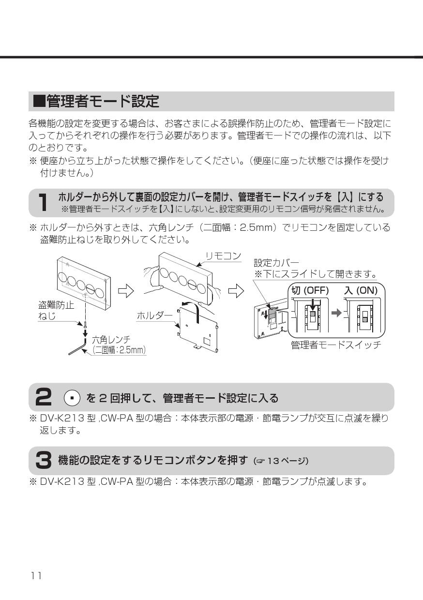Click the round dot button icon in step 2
[x=72, y=398]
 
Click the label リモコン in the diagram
[x=223, y=256]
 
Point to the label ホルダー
[x=154, y=315]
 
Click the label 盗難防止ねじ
[x=56, y=311]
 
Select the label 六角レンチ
[x=111, y=340]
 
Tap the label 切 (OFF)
[x=310, y=290]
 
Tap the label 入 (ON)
[x=361, y=290]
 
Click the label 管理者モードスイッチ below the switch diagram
[x=336, y=345]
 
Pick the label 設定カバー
[x=276, y=263]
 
